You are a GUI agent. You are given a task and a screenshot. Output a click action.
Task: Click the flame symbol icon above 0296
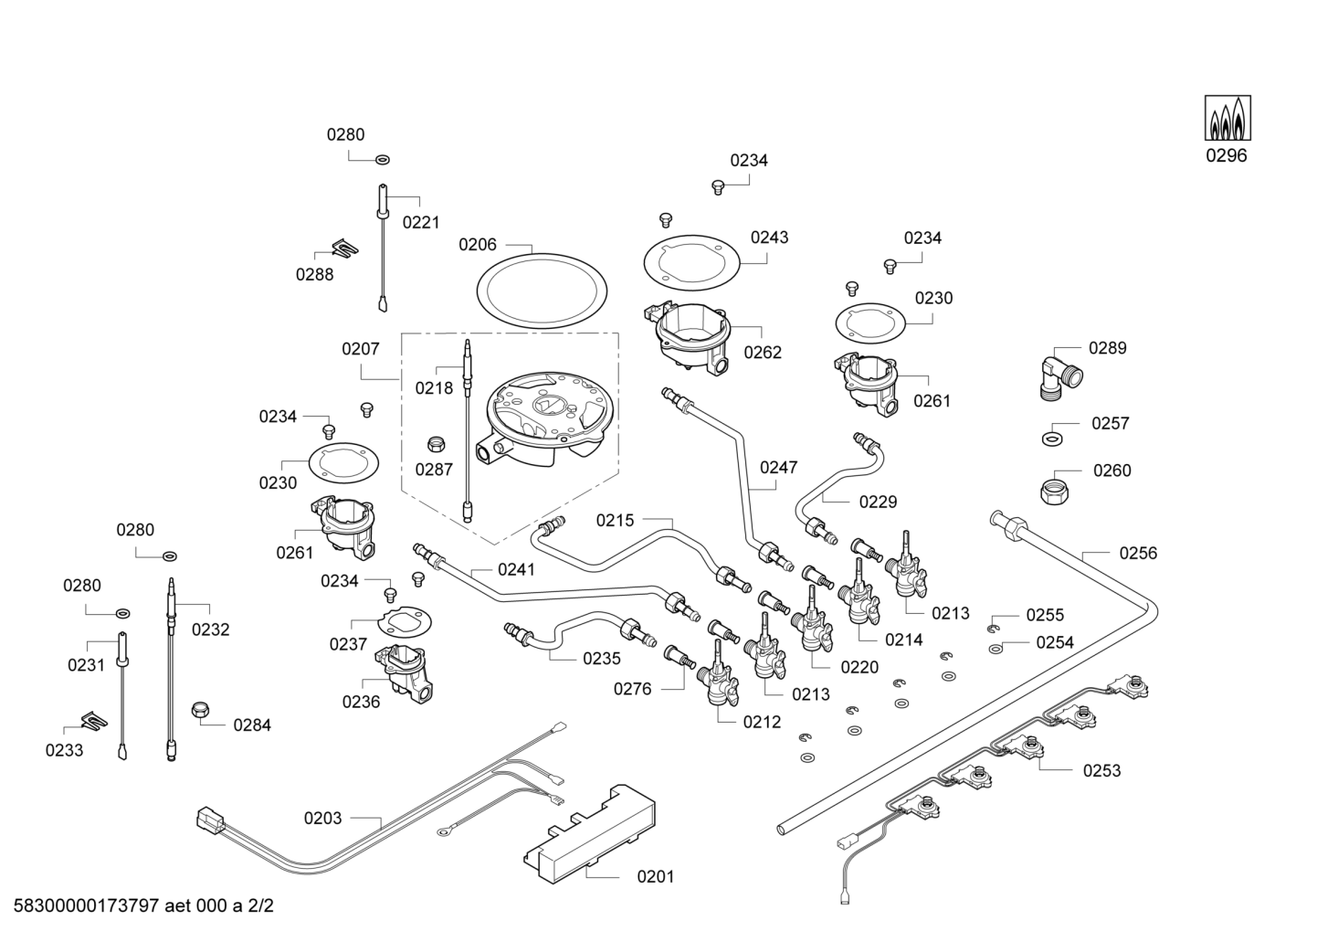click(x=1227, y=118)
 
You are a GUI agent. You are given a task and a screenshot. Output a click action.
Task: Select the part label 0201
click(x=656, y=876)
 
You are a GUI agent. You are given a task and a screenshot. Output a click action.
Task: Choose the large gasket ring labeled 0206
click(x=542, y=291)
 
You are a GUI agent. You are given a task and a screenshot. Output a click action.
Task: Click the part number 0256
click(x=1138, y=553)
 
